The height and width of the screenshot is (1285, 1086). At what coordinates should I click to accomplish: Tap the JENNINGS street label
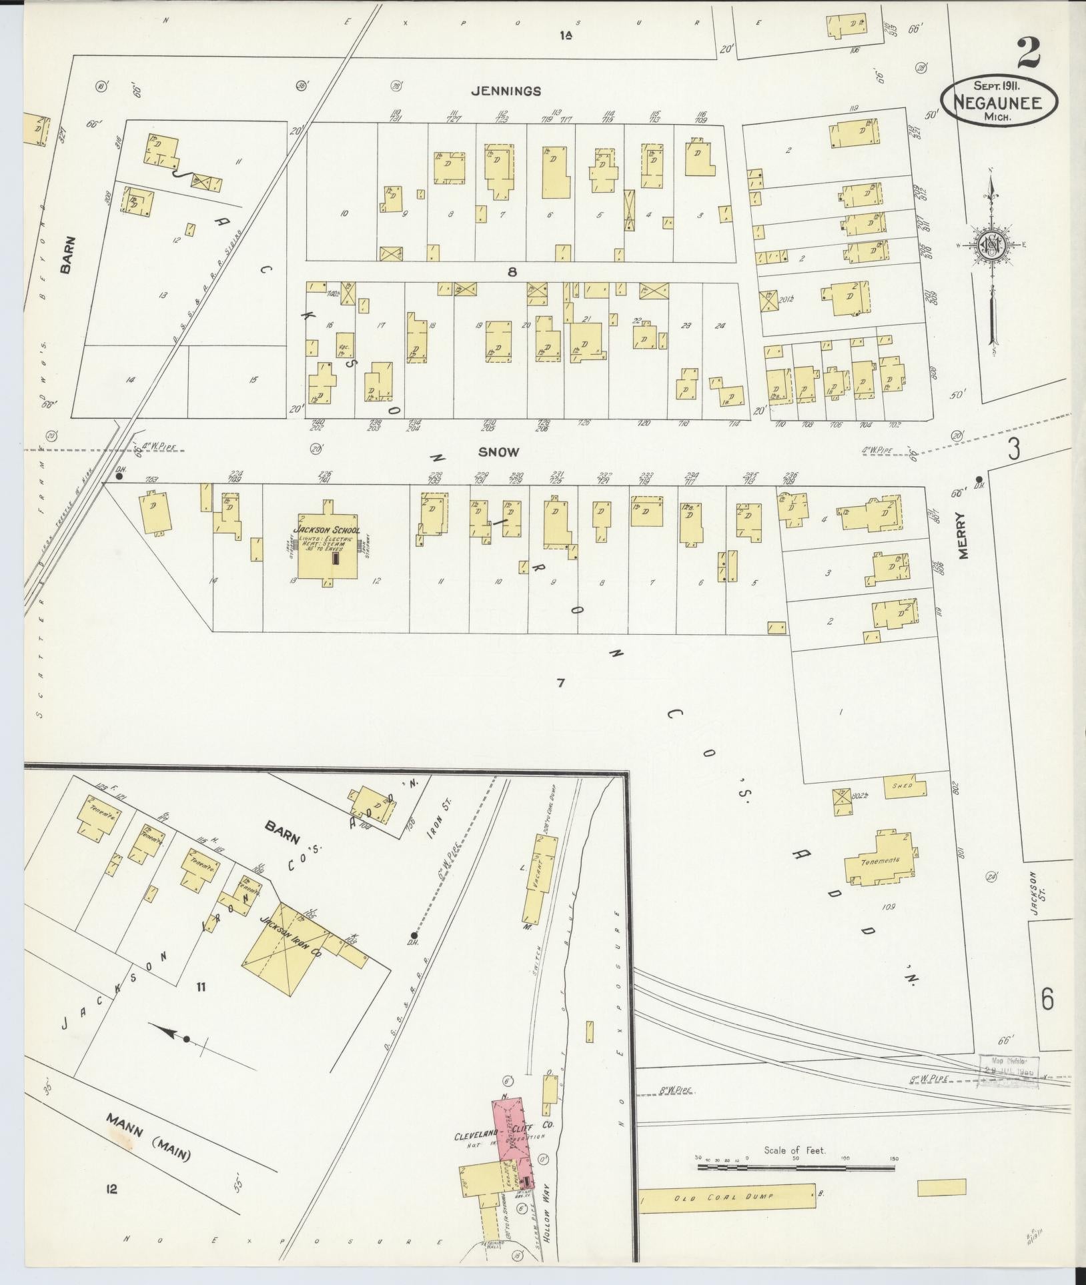pyautogui.click(x=514, y=91)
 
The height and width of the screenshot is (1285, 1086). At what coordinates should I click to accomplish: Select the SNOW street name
pyautogui.click(x=498, y=452)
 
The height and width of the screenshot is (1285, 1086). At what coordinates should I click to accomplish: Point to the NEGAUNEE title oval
pyautogui.click(x=999, y=103)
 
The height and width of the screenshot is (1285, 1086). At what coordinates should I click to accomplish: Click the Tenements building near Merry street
pyautogui.click(x=879, y=860)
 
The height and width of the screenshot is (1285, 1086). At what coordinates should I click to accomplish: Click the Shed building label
pyautogui.click(x=904, y=786)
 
